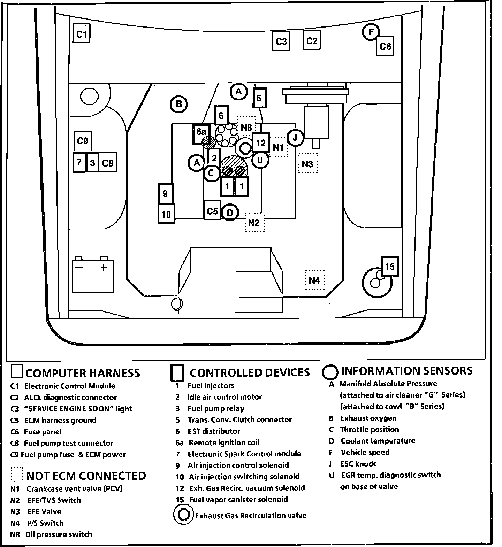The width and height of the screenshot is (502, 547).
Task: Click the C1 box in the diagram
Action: click(x=81, y=34)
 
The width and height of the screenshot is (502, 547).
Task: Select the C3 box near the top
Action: click(x=281, y=41)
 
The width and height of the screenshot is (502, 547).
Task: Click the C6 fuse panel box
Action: click(x=385, y=46)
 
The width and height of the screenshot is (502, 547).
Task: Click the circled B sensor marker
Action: click(x=179, y=104)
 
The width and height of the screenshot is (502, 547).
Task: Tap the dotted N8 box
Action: click(x=246, y=127)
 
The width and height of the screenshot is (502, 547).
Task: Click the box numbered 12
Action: click(x=261, y=142)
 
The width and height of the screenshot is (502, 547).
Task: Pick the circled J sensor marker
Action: click(x=295, y=138)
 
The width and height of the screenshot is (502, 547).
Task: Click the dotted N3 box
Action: click(x=308, y=163)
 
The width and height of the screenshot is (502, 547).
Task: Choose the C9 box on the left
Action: click(x=83, y=141)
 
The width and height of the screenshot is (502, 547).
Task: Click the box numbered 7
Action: click(x=79, y=162)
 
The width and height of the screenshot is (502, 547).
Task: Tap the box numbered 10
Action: click(x=166, y=214)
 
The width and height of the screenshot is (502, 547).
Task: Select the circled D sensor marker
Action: click(x=230, y=212)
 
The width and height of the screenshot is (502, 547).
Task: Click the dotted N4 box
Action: click(x=314, y=280)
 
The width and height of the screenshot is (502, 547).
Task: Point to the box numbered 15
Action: click(x=389, y=267)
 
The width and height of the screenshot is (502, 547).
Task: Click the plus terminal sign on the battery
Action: click(x=104, y=268)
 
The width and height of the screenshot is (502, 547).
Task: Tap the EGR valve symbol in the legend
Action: click(x=183, y=515)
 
